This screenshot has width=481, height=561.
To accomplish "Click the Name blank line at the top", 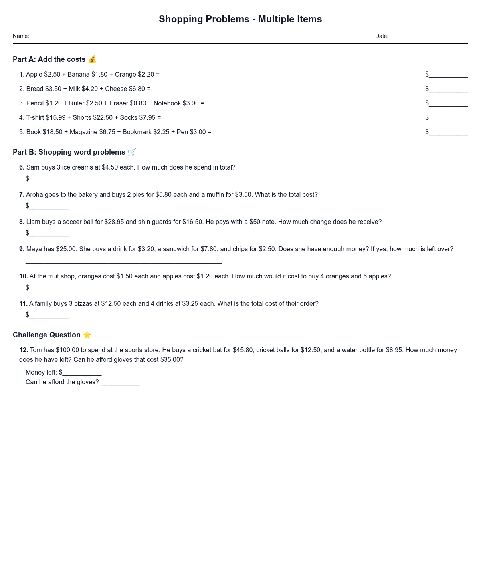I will click(70, 37).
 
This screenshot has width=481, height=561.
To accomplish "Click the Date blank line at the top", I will click(429, 37).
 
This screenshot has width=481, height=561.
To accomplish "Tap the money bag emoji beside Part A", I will click(92, 59).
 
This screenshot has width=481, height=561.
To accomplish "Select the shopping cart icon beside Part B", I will click(132, 152).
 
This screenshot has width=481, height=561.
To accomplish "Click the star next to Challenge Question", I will click(87, 335).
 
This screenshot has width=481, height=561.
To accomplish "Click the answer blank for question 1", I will click(448, 75).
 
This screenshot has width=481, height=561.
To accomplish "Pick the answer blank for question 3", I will click(448, 104).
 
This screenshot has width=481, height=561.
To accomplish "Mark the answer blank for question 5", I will click(448, 133).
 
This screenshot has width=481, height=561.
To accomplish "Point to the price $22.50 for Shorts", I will click(103, 117).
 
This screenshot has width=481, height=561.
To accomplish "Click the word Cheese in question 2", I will click(116, 89).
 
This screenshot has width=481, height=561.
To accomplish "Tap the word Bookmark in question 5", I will click(137, 132).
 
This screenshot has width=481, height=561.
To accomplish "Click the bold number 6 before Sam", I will click(22, 167).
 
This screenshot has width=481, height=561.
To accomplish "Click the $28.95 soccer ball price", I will click(114, 222).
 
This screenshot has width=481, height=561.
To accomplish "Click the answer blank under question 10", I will click(49, 288).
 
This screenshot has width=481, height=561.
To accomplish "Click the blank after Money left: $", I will click(82, 373).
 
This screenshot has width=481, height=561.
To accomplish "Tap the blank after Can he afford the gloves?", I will click(120, 383).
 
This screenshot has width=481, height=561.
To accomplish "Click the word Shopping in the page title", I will click(181, 19).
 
